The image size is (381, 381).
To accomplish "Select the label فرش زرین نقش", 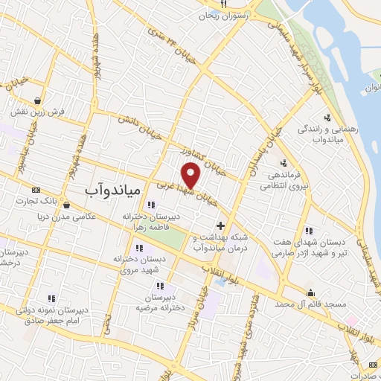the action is (x=38, y=112).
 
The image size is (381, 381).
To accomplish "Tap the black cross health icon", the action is (x=220, y=225).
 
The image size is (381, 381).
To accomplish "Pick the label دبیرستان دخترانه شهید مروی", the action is (x=140, y=263).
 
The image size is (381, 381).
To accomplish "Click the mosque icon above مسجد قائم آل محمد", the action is (x=310, y=292).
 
